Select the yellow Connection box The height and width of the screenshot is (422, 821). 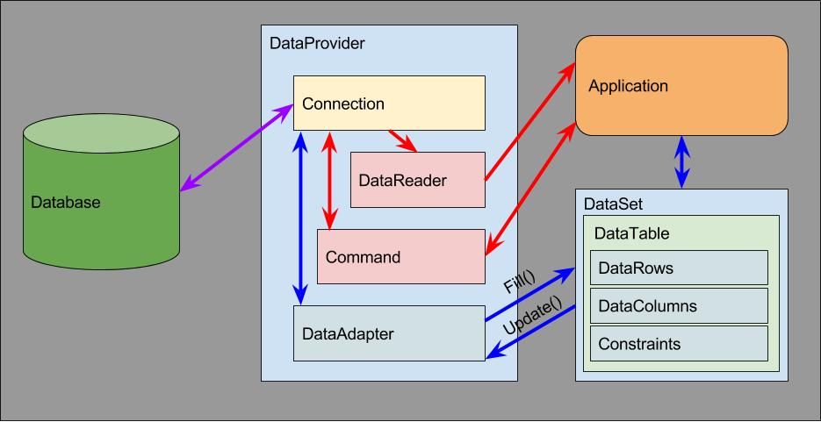(389, 104)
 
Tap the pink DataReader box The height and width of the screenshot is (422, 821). (417, 180)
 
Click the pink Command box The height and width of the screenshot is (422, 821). (400, 257)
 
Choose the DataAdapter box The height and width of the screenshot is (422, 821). (389, 333)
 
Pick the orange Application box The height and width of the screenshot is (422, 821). (681, 86)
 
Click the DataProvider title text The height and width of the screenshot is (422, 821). (317, 43)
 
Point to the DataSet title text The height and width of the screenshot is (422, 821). (613, 204)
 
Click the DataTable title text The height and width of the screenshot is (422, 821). (631, 233)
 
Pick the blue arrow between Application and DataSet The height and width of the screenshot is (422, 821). (681, 161)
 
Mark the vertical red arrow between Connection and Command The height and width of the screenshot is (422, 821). (330, 180)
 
